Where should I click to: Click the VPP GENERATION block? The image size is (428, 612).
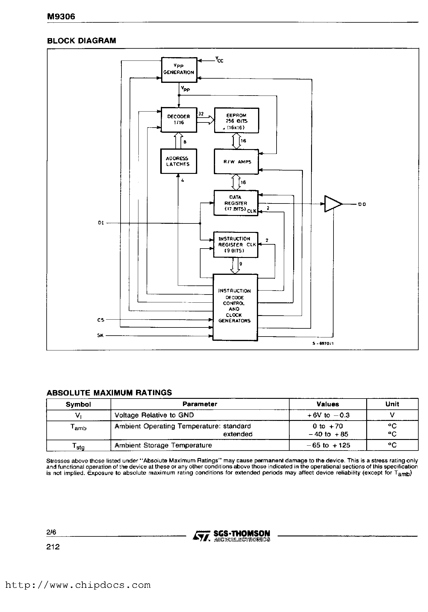pyautogui.click(x=179, y=70)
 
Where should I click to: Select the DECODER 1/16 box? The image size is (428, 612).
pyautogui.click(x=179, y=120)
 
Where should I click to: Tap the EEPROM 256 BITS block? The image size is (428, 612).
pyautogui.click(x=236, y=120)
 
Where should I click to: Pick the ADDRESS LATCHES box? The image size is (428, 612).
pyautogui.click(x=178, y=161)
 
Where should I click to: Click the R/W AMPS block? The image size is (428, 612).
pyautogui.click(x=236, y=162)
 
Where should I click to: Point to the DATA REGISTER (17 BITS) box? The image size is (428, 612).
pyautogui.click(x=236, y=203)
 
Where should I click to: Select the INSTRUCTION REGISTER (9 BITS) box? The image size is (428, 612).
pyautogui.click(x=235, y=245)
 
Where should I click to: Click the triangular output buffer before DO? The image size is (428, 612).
pyautogui.click(x=332, y=204)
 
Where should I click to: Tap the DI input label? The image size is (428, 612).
pyautogui.click(x=101, y=223)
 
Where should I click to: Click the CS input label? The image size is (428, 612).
pyautogui.click(x=101, y=320)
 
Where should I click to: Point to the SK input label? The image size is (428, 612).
pyautogui.click(x=101, y=335)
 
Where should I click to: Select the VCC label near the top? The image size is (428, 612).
pyautogui.click(x=219, y=60)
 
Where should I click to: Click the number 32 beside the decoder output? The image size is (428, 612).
pyautogui.click(x=201, y=114)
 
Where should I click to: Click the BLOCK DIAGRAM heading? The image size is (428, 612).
pyautogui.click(x=81, y=41)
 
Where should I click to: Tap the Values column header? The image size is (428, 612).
pyautogui.click(x=327, y=404)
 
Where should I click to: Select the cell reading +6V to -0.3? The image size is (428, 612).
pyautogui.click(x=327, y=415)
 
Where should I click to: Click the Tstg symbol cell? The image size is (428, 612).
pyautogui.click(x=78, y=446)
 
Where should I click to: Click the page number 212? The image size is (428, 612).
pyautogui.click(x=53, y=546)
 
